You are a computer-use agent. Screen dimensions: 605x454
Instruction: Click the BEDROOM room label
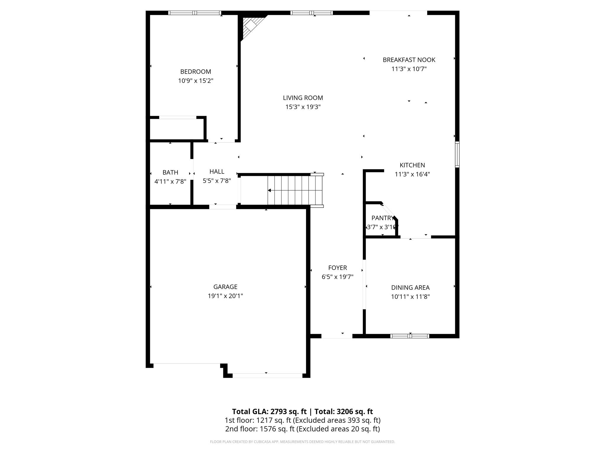click(x=196, y=72)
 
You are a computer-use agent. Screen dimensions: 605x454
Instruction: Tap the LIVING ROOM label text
click(x=303, y=98)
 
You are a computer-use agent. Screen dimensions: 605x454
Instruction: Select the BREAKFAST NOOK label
click(x=409, y=60)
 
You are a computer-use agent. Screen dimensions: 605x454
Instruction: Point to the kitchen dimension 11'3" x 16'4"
click(x=412, y=174)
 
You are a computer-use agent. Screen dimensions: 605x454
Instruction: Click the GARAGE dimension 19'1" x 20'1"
click(x=225, y=296)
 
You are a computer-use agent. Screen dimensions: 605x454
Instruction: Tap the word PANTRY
click(x=382, y=218)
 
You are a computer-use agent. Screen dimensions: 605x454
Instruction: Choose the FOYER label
click(x=337, y=268)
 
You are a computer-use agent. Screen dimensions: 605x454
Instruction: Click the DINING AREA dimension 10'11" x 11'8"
click(x=410, y=297)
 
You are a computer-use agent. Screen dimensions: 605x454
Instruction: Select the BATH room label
click(x=170, y=172)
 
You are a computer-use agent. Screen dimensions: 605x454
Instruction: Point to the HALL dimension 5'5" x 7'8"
click(x=217, y=181)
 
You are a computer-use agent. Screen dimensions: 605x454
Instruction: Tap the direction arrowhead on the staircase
click(x=269, y=190)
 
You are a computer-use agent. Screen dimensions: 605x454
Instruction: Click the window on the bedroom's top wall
click(x=195, y=13)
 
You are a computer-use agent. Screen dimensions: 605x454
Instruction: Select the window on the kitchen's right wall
click(x=457, y=154)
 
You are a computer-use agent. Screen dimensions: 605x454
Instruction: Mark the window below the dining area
click(x=409, y=336)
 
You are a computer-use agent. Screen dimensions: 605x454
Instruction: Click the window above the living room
click(x=312, y=13)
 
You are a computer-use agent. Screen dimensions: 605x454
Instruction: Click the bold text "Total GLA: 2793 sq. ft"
click(x=269, y=411)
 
